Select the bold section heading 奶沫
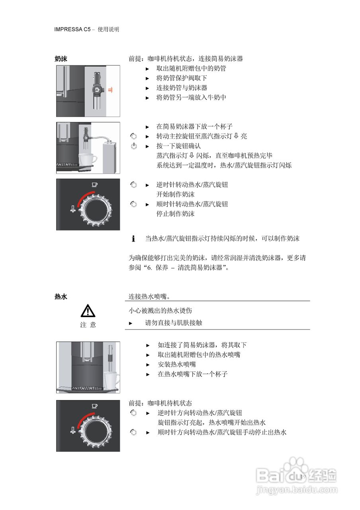click(x=61, y=59)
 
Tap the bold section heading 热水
click(x=61, y=297)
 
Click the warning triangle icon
click(x=88, y=310)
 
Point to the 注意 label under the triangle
click(x=88, y=325)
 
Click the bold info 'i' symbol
click(x=133, y=239)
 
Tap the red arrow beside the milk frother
click(x=110, y=90)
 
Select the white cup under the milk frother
click(x=88, y=160)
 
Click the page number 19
click(x=302, y=477)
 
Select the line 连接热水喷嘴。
click(x=150, y=297)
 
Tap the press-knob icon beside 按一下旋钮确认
click(x=134, y=146)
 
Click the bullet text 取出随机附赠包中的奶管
click(x=191, y=69)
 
